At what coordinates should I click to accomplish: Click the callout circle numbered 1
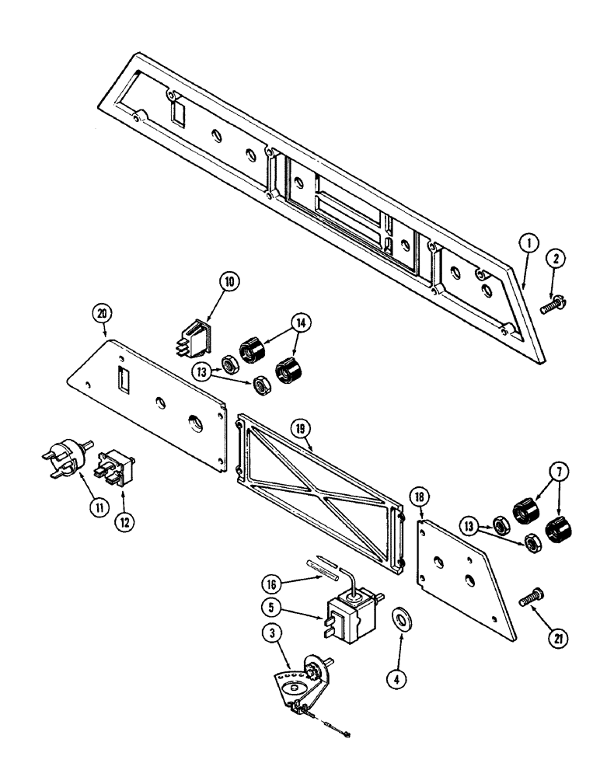tap(528, 245)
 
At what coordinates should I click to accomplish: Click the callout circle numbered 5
tap(270, 621)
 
